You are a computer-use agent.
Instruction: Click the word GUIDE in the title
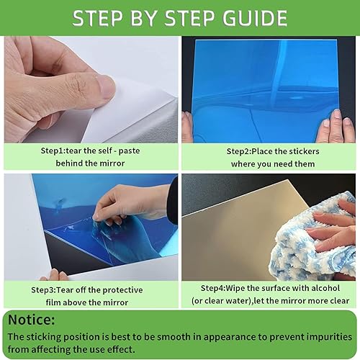click(255, 18)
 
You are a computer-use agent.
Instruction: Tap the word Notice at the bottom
click(32, 320)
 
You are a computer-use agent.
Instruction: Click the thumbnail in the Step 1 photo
click(106, 88)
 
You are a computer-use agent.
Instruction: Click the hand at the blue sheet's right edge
click(336, 126)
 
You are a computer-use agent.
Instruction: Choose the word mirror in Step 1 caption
click(112, 163)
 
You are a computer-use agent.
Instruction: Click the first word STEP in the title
click(98, 18)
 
